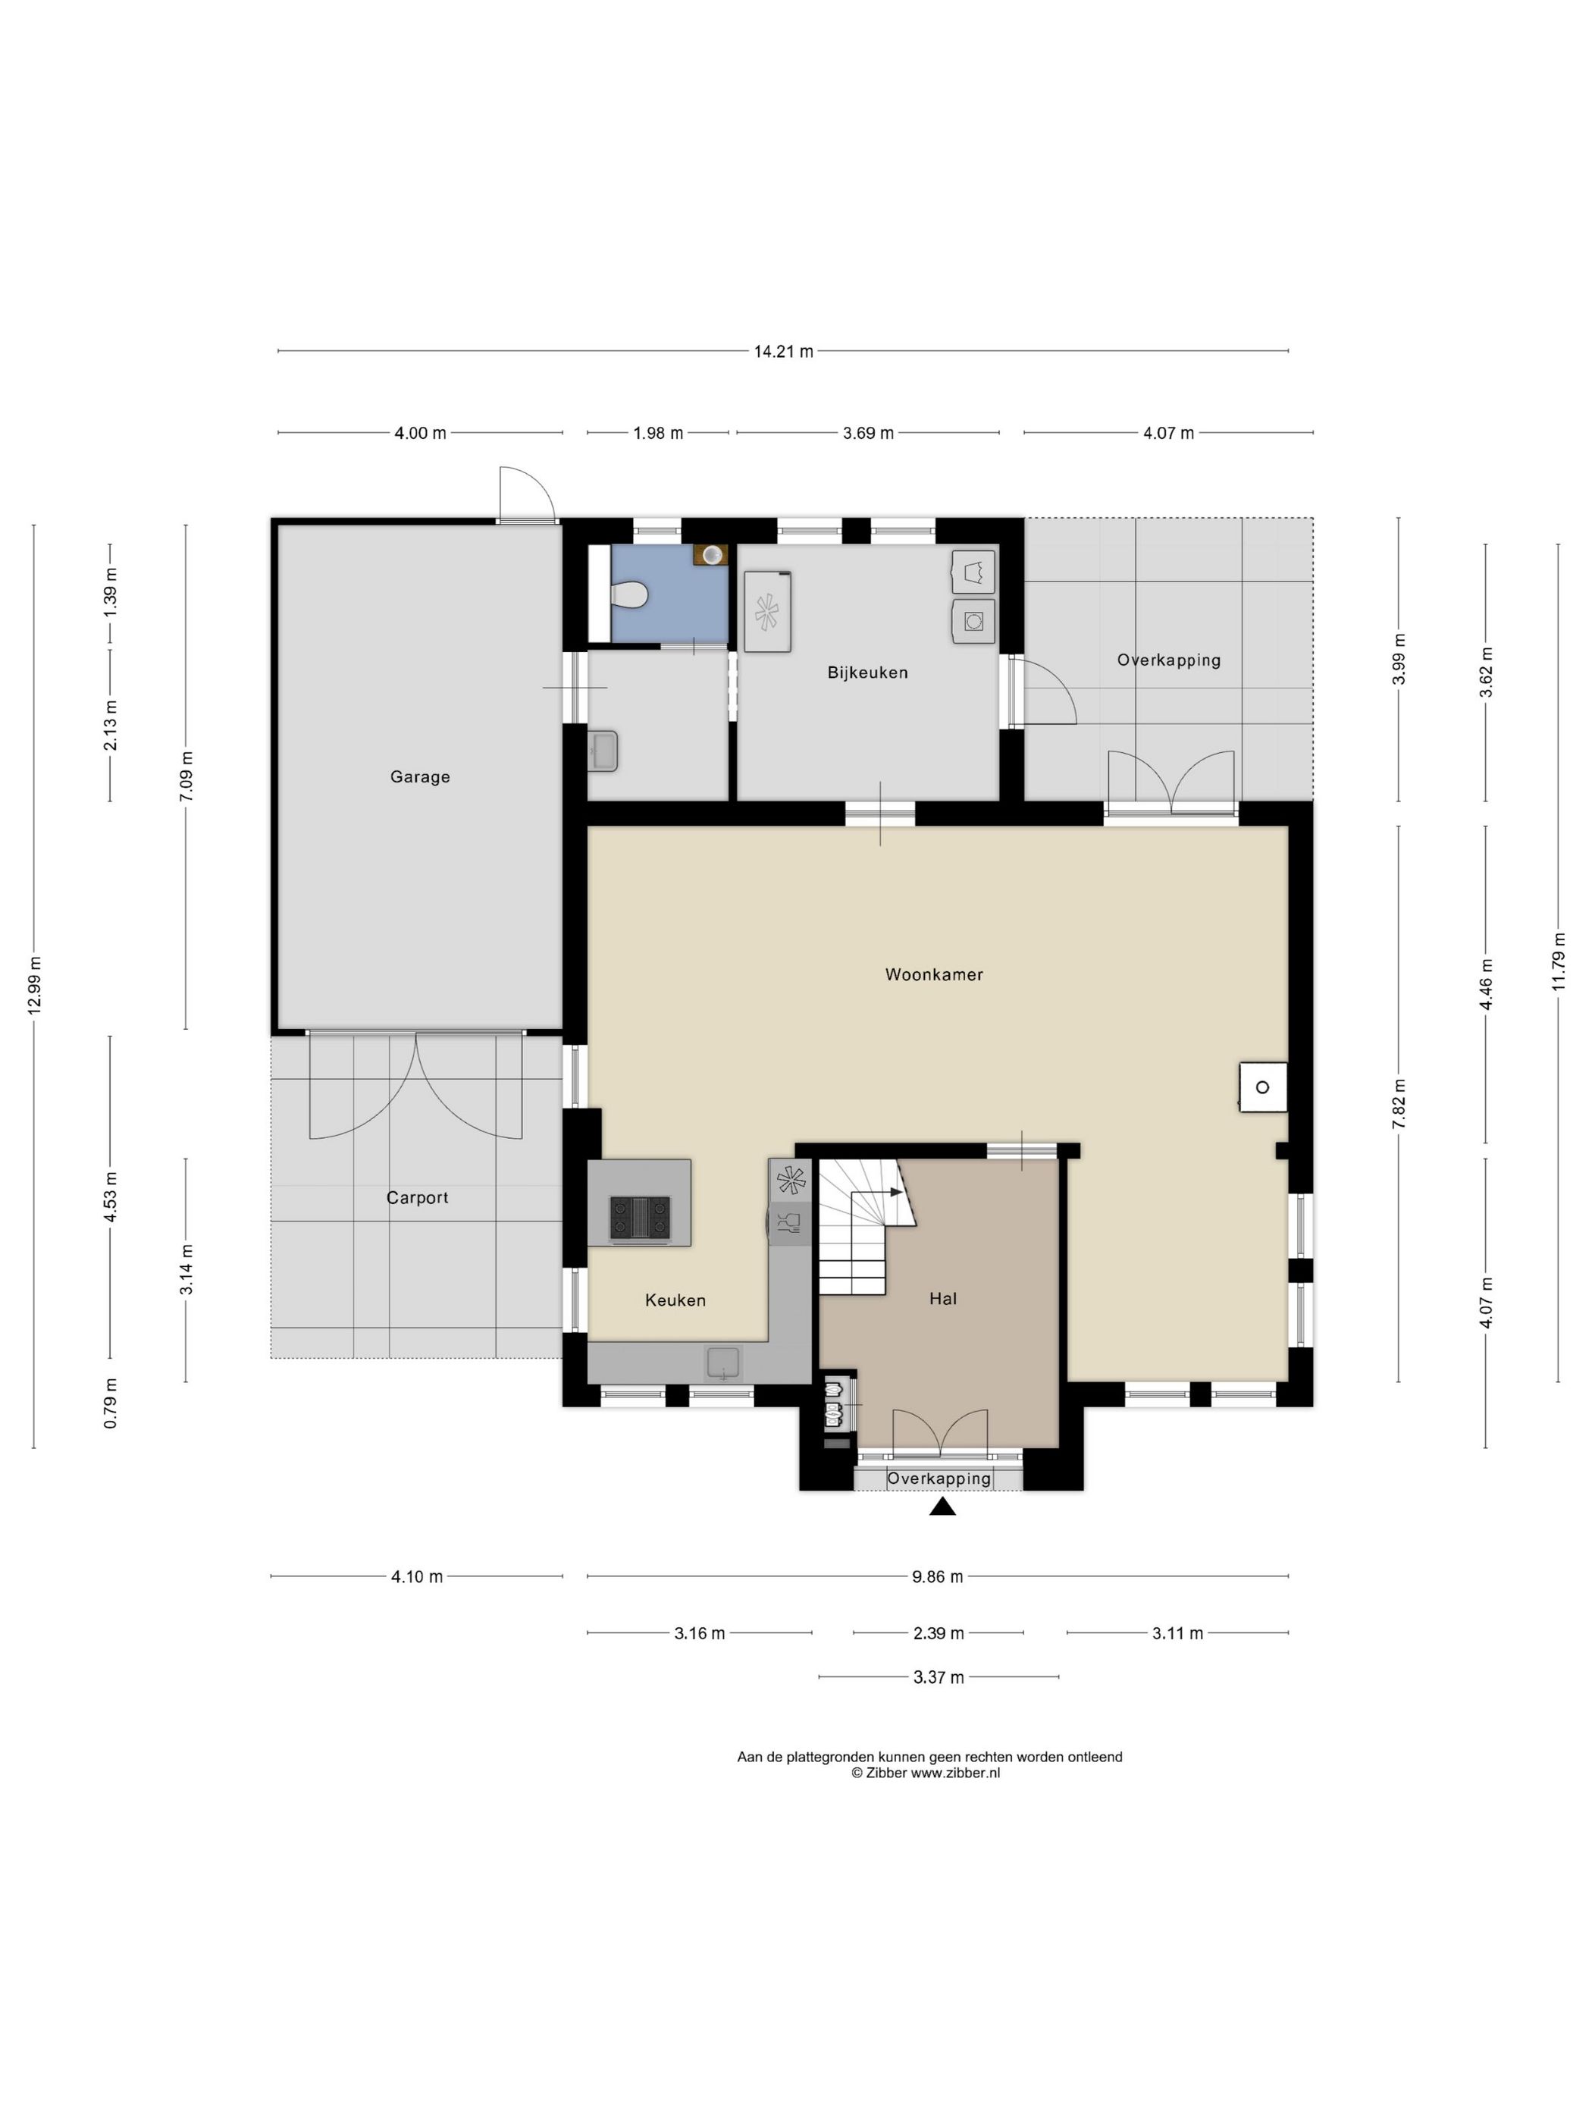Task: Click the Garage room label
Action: (x=419, y=776)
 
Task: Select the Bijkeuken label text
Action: (x=867, y=673)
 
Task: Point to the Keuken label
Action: (x=675, y=1300)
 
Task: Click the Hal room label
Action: (x=943, y=1299)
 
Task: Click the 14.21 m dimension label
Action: (x=783, y=351)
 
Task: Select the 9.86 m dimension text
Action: (x=938, y=1576)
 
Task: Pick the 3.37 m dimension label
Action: (x=939, y=1676)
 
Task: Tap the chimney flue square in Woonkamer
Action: (x=1263, y=1087)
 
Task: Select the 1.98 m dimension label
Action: (x=657, y=433)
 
